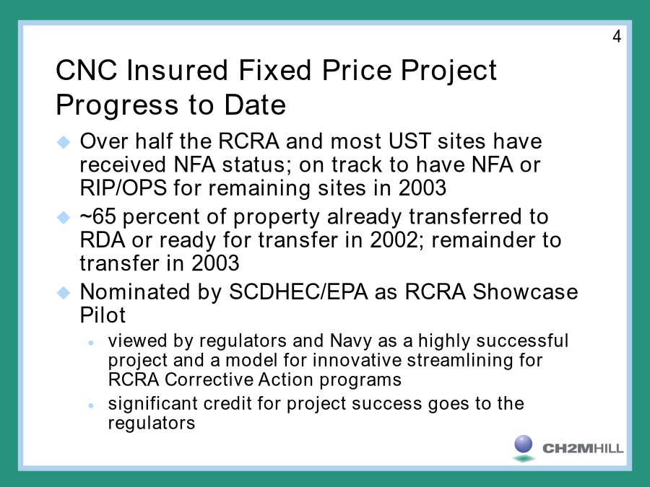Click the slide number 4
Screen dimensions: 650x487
[x=617, y=37]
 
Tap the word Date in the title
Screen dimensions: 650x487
[x=255, y=105]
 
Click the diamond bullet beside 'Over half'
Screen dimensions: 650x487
[x=64, y=142]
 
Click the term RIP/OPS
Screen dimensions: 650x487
[x=123, y=188]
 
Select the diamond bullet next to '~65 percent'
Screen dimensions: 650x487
[x=64, y=217]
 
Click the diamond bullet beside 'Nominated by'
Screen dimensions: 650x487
[x=64, y=293]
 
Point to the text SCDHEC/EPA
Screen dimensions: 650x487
[x=298, y=291]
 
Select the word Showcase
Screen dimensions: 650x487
[x=525, y=291]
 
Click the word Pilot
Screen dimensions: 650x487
[x=103, y=315]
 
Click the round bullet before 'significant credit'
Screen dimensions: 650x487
[x=91, y=405]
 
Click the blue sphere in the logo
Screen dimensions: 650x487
[x=523, y=444]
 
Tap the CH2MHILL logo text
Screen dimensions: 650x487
[x=583, y=449]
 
